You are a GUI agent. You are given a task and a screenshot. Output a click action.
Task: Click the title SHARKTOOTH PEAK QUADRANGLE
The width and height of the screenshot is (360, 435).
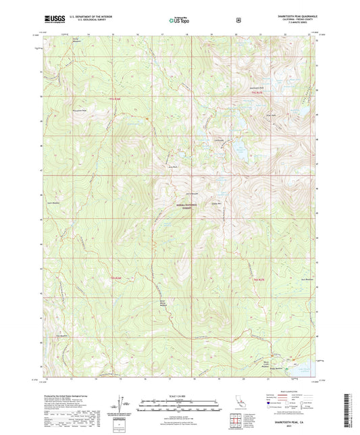(290, 16)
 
